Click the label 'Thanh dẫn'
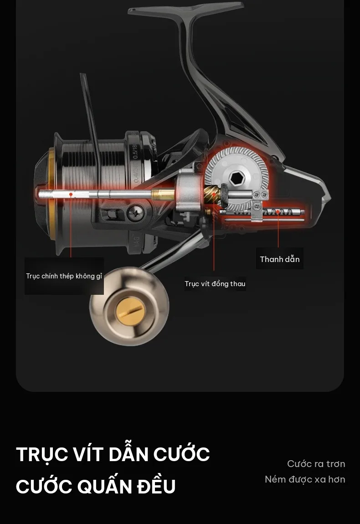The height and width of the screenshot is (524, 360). coord(280,259)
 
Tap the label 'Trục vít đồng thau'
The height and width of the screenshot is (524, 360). coord(215,284)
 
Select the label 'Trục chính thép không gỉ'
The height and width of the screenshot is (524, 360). coord(64,276)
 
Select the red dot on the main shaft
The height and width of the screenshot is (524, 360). coord(71,194)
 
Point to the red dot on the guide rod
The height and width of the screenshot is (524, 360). coord(278,211)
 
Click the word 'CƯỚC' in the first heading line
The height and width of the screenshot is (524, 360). coord(181,454)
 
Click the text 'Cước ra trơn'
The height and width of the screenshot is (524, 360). coord(316,464)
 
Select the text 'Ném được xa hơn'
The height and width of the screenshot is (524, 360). coord(305,479)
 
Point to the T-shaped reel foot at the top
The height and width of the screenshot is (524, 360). coord(186,10)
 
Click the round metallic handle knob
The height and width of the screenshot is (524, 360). coord(129,307)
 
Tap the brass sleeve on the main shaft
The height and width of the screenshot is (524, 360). coord(163,194)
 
